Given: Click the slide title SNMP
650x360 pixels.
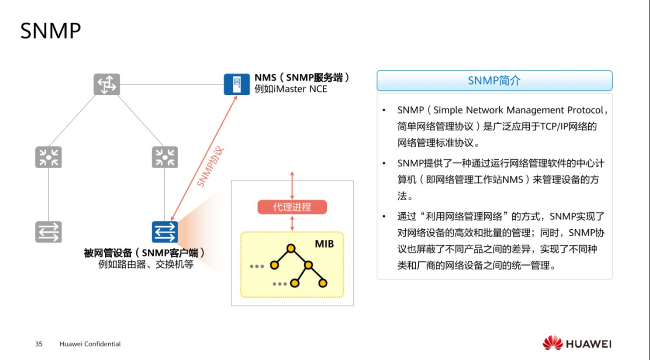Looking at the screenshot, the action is (50, 31).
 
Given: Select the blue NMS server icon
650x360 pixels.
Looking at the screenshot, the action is (236, 84).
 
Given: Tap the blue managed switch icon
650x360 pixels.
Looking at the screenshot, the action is (165, 232).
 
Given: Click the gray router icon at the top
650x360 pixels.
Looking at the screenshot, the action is (107, 84).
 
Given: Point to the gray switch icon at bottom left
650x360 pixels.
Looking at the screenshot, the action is (48, 232).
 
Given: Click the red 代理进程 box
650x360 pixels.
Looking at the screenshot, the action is (292, 207).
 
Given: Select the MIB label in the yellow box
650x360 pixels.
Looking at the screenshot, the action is (324, 244).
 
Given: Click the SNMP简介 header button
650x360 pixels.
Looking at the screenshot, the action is (494, 80).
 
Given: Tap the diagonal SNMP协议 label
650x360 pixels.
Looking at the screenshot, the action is (211, 167).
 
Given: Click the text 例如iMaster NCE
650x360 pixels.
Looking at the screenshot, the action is (291, 89).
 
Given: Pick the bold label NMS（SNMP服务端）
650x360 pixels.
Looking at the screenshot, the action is (302, 78).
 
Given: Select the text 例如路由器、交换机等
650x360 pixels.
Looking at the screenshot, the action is (146, 264).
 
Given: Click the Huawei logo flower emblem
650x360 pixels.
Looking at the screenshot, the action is (552, 343).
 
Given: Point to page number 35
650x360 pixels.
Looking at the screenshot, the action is (39, 344).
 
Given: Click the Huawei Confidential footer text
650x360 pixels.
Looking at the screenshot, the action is (90, 344).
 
